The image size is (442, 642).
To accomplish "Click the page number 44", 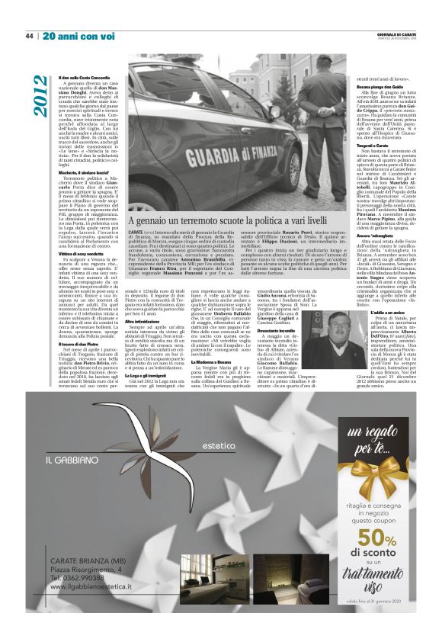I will (x=30, y=36).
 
